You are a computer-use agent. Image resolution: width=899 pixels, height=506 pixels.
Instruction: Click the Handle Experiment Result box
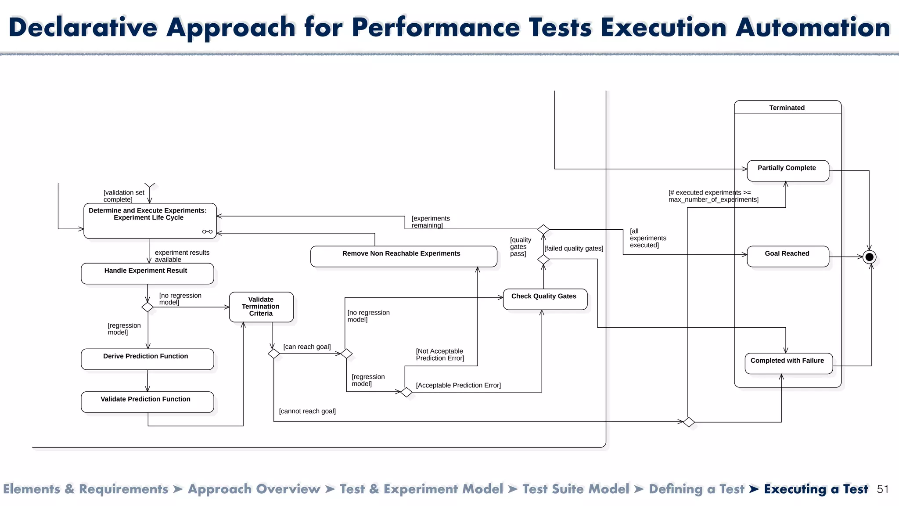point(147,273)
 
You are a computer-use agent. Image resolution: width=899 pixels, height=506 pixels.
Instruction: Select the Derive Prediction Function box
point(147,359)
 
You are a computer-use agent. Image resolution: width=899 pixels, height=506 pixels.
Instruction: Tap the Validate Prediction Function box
point(147,401)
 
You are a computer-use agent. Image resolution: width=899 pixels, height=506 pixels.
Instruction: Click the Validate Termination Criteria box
point(261,307)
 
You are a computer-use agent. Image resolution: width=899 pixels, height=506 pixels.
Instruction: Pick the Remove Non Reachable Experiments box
point(403,256)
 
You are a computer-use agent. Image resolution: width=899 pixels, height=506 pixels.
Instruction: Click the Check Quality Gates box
point(544,299)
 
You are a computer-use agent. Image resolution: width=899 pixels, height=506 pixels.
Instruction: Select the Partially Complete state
point(788,170)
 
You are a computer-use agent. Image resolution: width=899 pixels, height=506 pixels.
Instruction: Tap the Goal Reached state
point(788,256)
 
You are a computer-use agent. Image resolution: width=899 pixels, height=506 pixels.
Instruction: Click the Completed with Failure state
point(788,363)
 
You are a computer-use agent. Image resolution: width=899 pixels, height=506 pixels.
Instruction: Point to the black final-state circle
point(869,257)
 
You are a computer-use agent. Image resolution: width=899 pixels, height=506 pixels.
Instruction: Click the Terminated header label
point(787,108)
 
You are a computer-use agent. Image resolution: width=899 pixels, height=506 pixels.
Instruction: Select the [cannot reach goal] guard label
point(307,411)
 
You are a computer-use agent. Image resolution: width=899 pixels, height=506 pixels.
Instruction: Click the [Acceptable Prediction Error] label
point(458,385)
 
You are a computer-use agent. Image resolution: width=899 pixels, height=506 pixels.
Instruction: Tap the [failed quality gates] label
point(574,248)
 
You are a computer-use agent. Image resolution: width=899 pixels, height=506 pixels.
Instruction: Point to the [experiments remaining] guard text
point(430,222)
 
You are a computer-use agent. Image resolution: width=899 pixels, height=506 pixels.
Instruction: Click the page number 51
point(882,489)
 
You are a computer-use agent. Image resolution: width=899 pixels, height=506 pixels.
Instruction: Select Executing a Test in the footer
point(816,489)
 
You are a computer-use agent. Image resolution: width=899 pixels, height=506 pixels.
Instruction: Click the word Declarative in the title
point(83,27)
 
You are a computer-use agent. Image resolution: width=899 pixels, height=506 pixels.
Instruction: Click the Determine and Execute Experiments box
point(149,221)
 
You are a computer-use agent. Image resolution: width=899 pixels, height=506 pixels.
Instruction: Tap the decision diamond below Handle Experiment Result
point(147,307)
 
